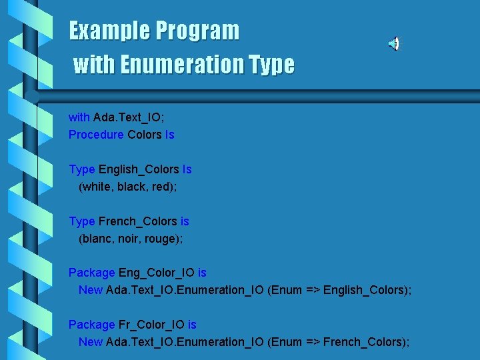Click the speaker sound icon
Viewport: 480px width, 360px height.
pyautogui.click(x=394, y=44)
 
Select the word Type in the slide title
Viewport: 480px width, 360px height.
pyautogui.click(x=271, y=65)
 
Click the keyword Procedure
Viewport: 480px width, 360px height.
pyautogui.click(x=96, y=135)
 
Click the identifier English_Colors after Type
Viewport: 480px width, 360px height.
pyautogui.click(x=139, y=169)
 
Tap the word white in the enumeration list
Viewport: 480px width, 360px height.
pyautogui.click(x=97, y=187)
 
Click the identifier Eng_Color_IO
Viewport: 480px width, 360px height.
pyautogui.click(x=157, y=273)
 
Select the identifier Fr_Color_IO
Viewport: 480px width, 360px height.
pyautogui.click(x=151, y=325)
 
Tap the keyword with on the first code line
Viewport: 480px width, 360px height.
pyautogui.click(x=79, y=117)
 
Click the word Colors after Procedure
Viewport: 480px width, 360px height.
pyautogui.click(x=145, y=135)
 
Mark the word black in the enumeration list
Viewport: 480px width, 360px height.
pyautogui.click(x=131, y=187)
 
